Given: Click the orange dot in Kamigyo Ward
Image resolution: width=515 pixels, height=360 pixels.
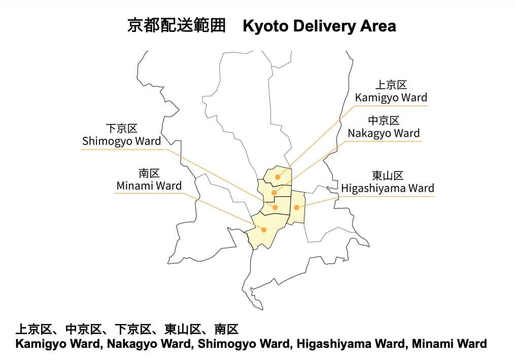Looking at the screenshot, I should point(278,177).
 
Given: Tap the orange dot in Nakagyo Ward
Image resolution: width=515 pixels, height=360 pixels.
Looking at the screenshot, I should point(274,193).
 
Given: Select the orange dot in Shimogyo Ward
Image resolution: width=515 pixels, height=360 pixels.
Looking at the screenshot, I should point(275,207).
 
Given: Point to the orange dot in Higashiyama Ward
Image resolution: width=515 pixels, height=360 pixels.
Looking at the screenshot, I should point(296,207).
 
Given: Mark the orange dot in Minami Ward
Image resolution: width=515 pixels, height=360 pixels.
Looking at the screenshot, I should point(264,230).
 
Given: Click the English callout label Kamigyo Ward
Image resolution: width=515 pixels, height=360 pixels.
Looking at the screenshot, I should point(391,98).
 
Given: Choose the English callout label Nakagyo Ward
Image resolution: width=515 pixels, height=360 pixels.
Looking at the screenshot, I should point(384,133).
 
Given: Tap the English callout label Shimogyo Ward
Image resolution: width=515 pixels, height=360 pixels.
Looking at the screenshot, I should point(121,141).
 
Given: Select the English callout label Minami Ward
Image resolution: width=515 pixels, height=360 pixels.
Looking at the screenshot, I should point(149,186).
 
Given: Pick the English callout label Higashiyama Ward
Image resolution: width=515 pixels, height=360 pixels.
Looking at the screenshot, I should point(387,189).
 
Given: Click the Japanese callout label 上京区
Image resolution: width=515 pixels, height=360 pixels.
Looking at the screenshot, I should point(391,85).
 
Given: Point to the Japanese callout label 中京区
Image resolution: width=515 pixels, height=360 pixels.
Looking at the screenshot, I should point(384,121).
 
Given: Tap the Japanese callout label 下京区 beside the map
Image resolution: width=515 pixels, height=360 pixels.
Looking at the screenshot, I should point(121,129).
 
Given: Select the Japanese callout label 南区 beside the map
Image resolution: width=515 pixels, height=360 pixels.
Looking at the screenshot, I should point(149,173).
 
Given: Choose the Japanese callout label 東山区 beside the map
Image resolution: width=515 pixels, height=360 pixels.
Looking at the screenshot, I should point(387,176).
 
